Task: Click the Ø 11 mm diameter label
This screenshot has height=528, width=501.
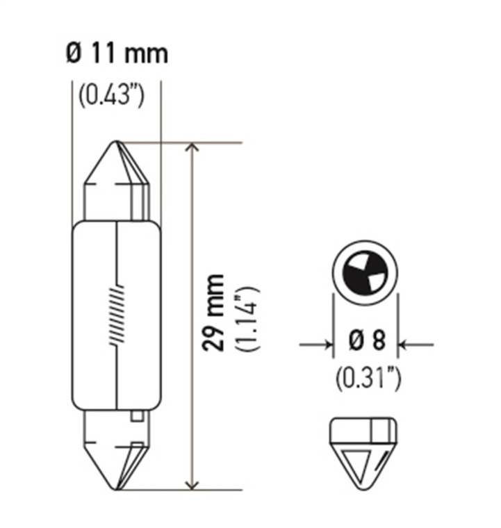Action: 117,54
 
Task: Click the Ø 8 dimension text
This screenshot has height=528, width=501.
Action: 366,343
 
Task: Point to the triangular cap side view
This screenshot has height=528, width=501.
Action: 364,452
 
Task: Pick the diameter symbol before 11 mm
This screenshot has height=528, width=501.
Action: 75,54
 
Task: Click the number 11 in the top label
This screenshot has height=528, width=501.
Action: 103,54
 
